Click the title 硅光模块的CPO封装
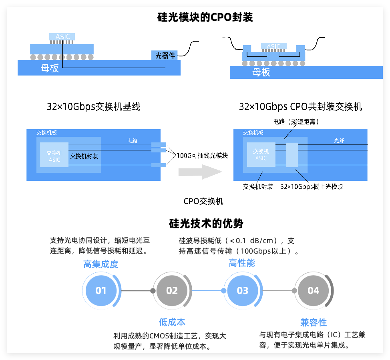click(205, 18)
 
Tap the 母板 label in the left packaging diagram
click(50, 68)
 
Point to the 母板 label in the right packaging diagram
click(261, 72)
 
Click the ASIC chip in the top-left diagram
click(62, 37)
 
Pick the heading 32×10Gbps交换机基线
click(93, 107)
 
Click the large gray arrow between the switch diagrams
click(199, 172)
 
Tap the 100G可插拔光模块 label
click(202, 156)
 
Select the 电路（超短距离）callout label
click(296, 121)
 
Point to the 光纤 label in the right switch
click(340, 140)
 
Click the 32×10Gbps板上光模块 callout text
click(312, 186)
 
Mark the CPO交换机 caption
click(203, 201)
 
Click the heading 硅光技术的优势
click(206, 223)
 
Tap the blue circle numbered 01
click(101, 291)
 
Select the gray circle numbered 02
click(172, 291)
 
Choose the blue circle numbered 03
click(243, 291)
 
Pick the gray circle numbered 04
click(313, 291)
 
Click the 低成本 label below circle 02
click(172, 322)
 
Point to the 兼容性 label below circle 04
click(314, 322)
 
